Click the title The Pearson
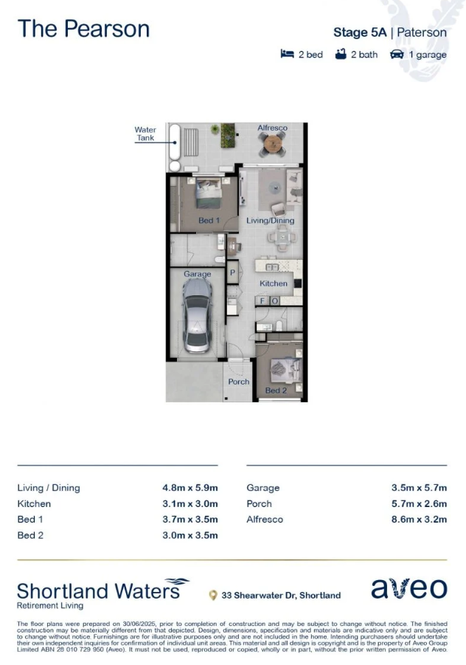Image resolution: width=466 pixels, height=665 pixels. coord(83,29)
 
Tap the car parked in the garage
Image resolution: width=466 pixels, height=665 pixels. coord(197,316)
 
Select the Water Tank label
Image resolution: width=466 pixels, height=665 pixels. coord(145,134)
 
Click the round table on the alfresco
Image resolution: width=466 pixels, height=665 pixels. coord(272,143)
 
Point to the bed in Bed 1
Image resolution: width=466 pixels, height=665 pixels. coord(209,193)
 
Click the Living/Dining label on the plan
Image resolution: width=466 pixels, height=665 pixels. coord(271,221)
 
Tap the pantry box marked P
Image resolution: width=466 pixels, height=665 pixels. coord(232,272)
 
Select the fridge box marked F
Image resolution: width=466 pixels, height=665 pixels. coord(262,300)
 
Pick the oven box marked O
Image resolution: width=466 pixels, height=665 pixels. coord(274,300)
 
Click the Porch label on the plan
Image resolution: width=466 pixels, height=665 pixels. coord(238,382)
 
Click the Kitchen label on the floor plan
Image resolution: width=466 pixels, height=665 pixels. coord(274,283)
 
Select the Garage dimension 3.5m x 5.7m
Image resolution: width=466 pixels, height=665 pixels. coord(419,488)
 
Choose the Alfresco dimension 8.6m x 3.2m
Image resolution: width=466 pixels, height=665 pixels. coord(419,520)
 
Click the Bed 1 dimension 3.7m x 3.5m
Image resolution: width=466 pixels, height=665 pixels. coord(190,520)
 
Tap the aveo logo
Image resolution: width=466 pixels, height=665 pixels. coord(408,588)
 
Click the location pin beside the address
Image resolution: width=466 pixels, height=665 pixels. coord(213,596)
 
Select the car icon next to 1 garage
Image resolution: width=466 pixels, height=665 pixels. coord(397,55)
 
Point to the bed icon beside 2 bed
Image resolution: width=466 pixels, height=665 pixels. coord(288,54)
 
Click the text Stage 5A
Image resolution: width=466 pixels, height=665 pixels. coord(360,32)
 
